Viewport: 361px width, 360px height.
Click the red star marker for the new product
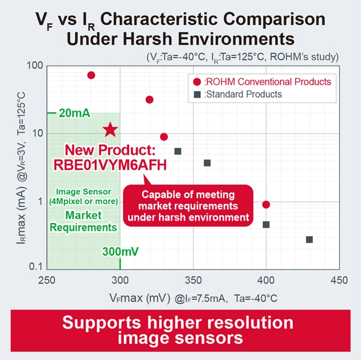(110, 130)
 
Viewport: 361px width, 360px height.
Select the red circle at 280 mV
(91, 75)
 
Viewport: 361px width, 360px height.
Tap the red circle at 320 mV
(149, 100)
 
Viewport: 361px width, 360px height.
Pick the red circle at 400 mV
(266, 205)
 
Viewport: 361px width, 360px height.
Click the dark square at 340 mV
(178, 152)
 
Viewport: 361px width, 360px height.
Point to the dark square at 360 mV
(207, 163)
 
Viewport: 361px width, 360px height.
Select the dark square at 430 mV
(309, 240)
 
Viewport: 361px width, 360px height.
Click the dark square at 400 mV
(266, 225)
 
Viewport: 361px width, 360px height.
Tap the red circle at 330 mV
(164, 137)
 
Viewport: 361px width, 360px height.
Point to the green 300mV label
(121, 252)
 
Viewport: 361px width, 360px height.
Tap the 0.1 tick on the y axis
(36, 268)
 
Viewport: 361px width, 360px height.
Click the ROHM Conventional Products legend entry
(261, 81)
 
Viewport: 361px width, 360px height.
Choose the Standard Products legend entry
(242, 94)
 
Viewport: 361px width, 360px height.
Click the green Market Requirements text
(84, 221)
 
